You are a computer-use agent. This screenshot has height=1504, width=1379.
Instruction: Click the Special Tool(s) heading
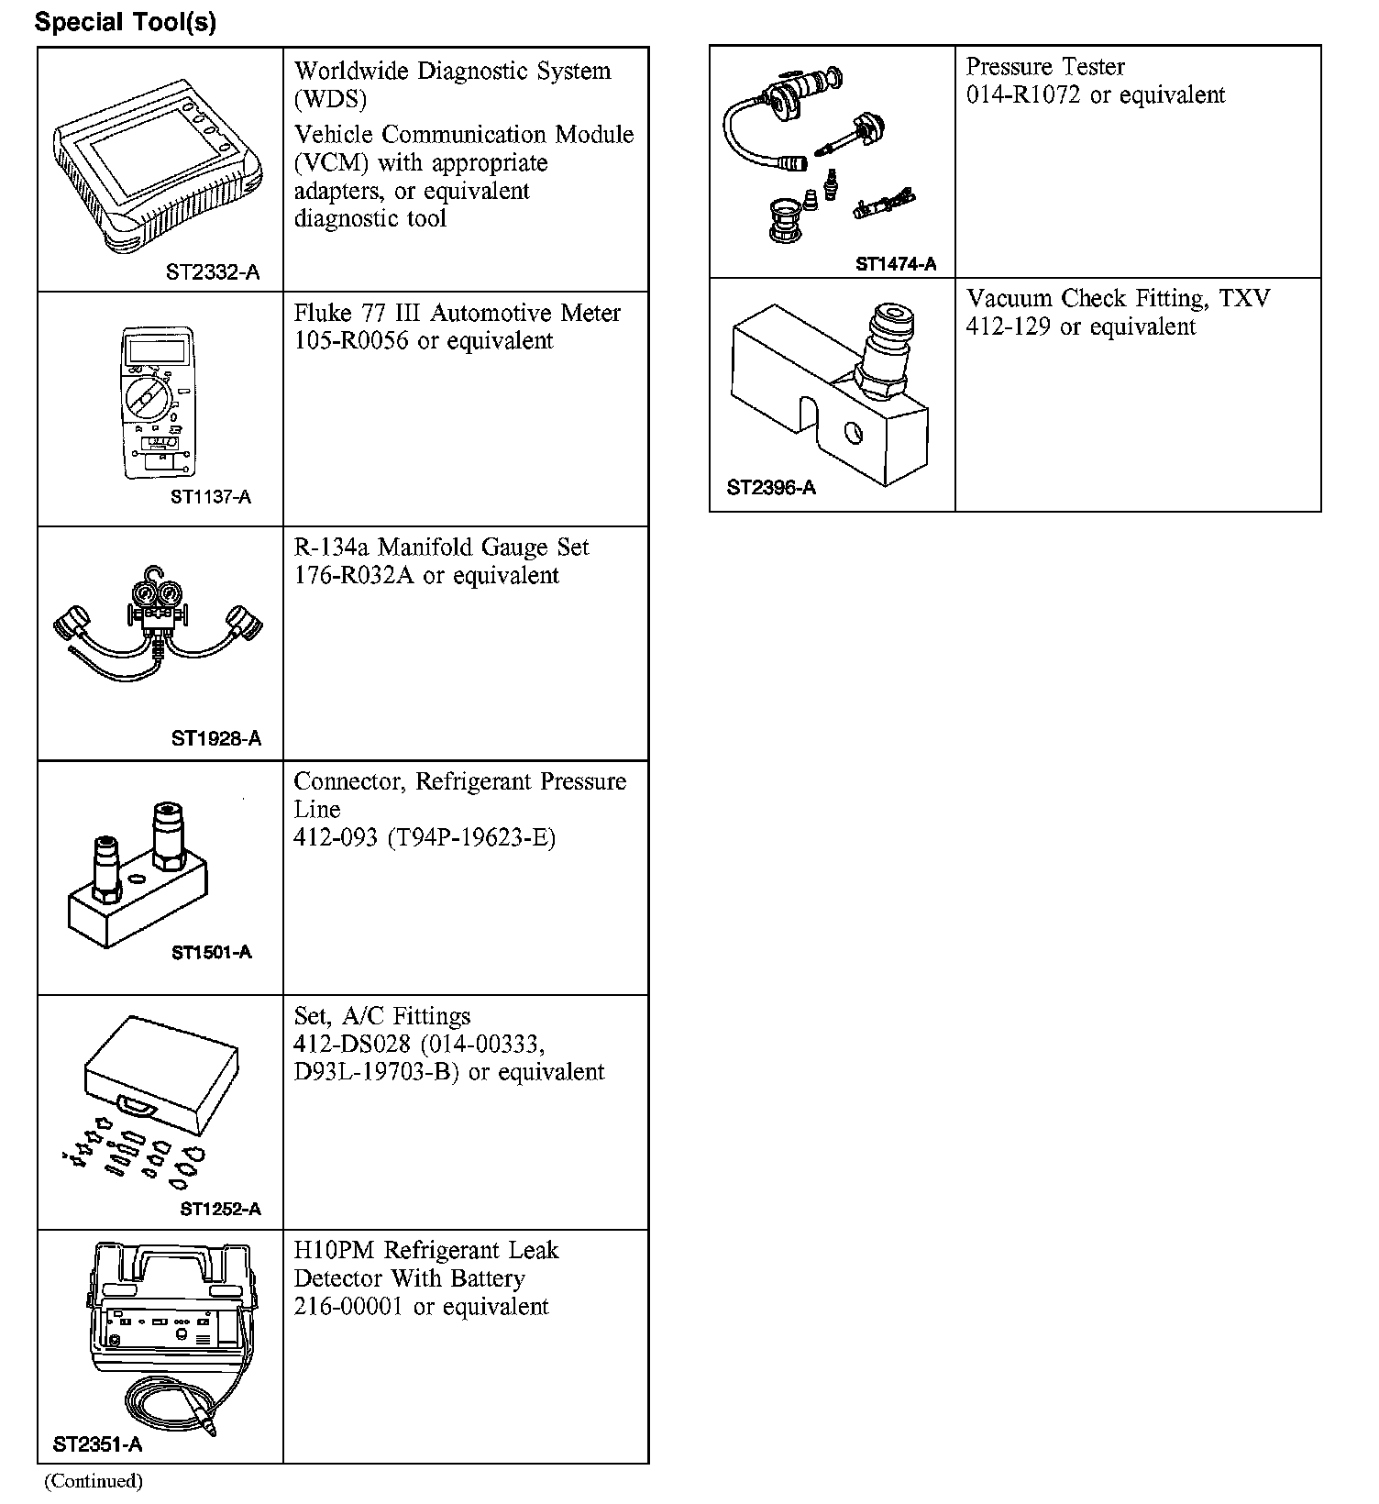[x=126, y=22]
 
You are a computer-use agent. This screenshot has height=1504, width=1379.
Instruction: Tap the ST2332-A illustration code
[x=213, y=272]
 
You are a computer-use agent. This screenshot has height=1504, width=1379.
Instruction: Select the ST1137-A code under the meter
[x=211, y=497]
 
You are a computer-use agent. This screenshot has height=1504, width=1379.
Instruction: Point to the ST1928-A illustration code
[x=216, y=739]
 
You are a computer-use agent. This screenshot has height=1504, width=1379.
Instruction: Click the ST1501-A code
[x=212, y=952]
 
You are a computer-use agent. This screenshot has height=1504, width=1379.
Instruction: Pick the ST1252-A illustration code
[x=221, y=1209]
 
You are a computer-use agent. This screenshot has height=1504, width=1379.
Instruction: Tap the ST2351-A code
[x=98, y=1445]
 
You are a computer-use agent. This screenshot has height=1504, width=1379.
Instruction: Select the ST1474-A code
[x=896, y=264]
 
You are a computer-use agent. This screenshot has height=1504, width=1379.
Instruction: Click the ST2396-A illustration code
[x=771, y=488]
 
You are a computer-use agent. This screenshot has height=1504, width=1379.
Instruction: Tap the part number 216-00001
[x=348, y=1307]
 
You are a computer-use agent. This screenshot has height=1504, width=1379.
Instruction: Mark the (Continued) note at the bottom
[x=94, y=1481]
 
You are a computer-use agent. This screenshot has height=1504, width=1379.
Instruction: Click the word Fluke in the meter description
[x=323, y=314]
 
